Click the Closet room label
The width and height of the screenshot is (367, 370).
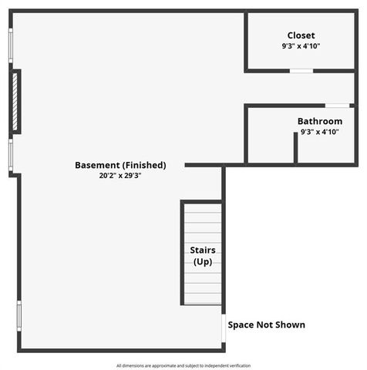[x=301, y=35]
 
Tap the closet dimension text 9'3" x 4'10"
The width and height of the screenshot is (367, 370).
[x=301, y=46]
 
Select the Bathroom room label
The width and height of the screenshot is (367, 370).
[x=320, y=121]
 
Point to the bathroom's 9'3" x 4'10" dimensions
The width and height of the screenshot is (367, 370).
[x=320, y=132]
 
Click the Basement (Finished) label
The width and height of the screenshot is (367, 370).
[x=120, y=165]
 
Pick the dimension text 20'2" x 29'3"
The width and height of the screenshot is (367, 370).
[x=120, y=176]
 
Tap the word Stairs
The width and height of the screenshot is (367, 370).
[x=203, y=251]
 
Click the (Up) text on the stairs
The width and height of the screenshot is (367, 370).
[x=203, y=263]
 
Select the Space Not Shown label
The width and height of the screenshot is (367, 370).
[x=266, y=325]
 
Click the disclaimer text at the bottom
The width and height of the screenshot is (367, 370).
[x=183, y=365]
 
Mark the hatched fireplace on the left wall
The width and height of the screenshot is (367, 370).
[x=15, y=101]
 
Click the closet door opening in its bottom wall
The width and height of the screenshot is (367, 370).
[x=301, y=71]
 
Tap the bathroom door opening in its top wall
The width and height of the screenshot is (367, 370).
[x=336, y=105]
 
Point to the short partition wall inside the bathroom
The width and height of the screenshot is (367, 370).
[x=295, y=148]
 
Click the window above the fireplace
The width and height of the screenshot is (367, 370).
[x=11, y=48]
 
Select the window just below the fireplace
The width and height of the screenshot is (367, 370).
[x=11, y=154]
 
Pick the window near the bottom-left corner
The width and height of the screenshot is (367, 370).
[x=19, y=314]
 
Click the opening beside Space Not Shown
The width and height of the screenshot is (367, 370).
[x=224, y=326]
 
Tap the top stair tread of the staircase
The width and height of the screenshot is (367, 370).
[x=203, y=207]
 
